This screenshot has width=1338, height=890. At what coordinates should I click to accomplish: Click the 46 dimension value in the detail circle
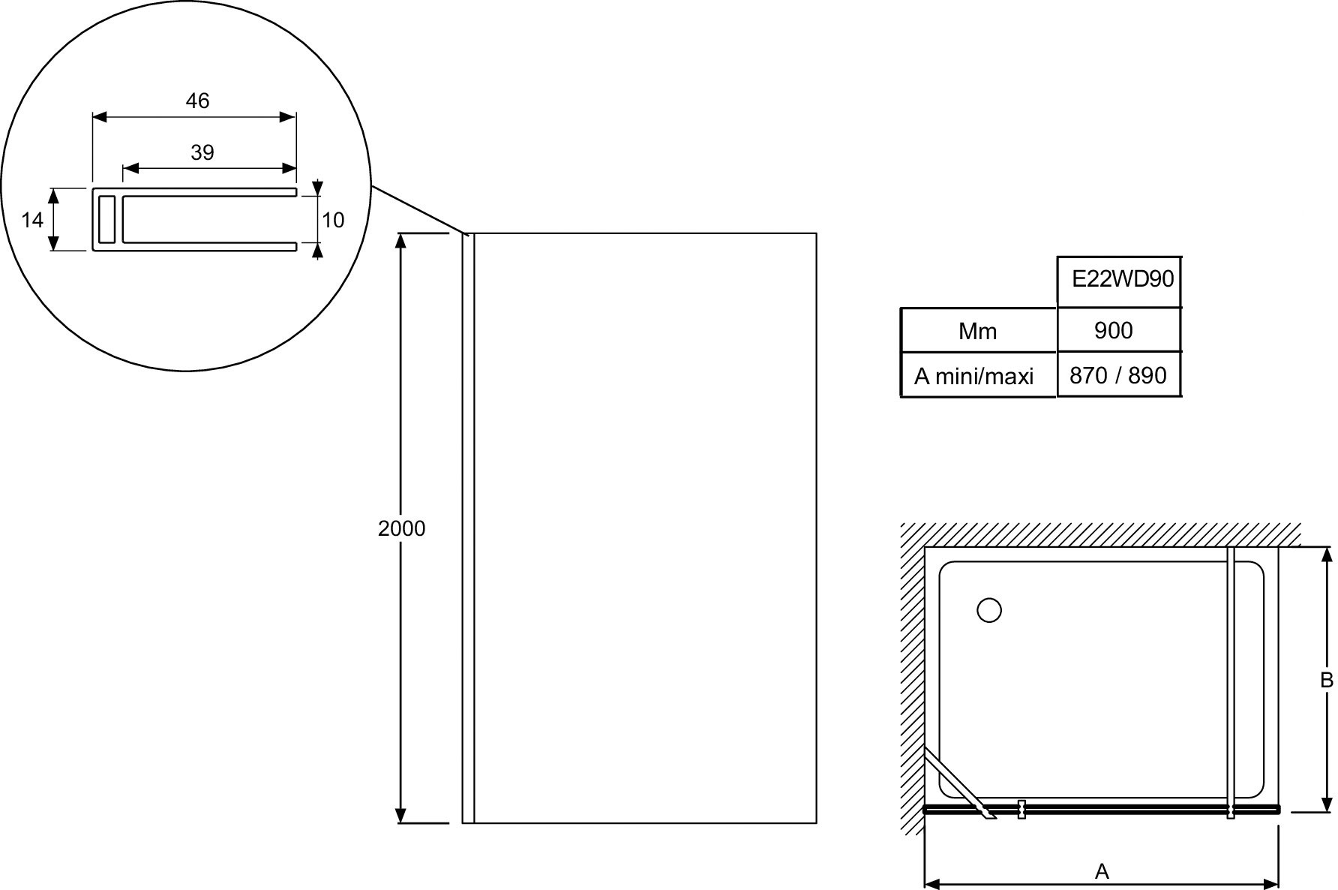(x=197, y=101)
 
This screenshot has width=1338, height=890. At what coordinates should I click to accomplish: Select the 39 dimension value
(x=202, y=152)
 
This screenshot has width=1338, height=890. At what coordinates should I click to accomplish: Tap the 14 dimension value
(x=32, y=220)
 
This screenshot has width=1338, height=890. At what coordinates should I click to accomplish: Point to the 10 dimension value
(x=333, y=220)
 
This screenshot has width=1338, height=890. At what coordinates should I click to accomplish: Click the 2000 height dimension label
(x=401, y=528)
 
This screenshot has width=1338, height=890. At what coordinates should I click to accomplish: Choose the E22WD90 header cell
(x=1123, y=279)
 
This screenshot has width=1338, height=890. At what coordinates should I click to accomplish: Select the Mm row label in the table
(x=977, y=331)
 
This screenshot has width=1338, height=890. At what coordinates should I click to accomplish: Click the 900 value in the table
(x=1114, y=330)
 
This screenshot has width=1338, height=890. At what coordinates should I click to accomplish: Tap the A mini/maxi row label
(x=973, y=376)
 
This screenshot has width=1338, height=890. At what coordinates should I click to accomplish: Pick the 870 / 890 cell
(x=1118, y=375)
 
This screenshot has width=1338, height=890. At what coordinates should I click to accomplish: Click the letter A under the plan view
(x=1102, y=871)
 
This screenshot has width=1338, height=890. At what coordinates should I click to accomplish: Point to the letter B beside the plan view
(x=1327, y=680)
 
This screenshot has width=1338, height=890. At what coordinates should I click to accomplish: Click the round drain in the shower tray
(x=989, y=610)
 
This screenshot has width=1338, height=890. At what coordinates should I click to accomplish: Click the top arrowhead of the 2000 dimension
(x=401, y=241)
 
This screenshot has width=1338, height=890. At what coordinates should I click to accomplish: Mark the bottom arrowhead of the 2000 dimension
(x=401, y=816)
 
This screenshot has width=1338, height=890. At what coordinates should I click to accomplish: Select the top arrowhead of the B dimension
(x=1327, y=555)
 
